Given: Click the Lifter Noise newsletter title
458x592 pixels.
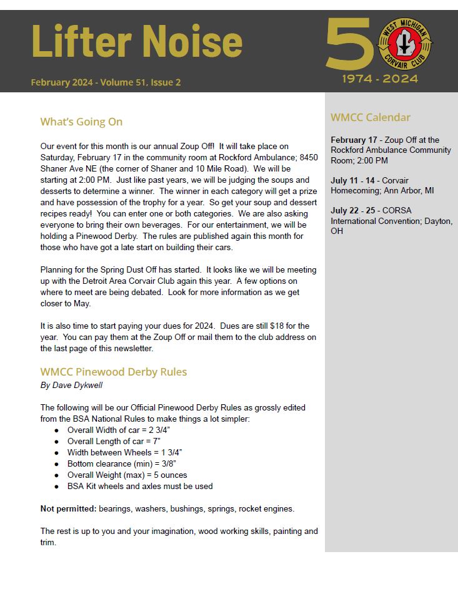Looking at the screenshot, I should coord(136,42).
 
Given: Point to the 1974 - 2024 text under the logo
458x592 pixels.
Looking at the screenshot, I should coord(380,79).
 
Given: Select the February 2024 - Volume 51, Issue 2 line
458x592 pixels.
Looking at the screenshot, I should coord(106,82).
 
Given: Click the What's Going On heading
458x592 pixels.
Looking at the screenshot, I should coord(81,122).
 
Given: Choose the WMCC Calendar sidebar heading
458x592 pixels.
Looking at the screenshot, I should coord(371,117).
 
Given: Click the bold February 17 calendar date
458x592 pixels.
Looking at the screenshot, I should coord(354,140).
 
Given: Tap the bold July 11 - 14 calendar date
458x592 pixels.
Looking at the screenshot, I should coord(353,181).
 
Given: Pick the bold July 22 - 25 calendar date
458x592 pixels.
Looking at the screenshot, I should coord(353,210).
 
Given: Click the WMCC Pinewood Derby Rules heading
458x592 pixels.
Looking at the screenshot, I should coord(113,372).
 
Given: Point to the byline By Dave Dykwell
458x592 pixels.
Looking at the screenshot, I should coord(71,385).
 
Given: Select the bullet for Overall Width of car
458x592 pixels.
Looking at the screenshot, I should coord(56,430).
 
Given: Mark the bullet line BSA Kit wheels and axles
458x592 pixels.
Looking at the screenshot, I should coord(140,486).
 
